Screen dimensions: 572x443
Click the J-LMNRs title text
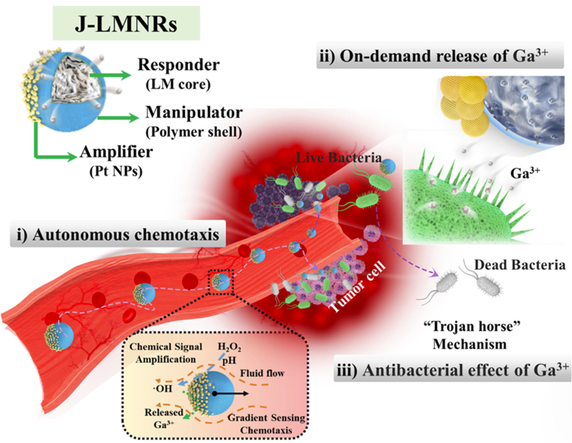[126, 24]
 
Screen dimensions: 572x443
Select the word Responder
[179, 65]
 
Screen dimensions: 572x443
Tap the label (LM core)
[178, 85]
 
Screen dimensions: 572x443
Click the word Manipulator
[194, 112]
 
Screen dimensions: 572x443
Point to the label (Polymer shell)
[194, 131]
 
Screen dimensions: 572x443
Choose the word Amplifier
[117, 152]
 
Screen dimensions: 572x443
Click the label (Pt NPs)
[116, 171]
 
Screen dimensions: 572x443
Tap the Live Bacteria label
[339, 158]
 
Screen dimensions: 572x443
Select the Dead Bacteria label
[520, 265]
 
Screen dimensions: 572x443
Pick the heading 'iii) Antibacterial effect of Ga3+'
[452, 370]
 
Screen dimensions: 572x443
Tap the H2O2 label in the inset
[229, 347]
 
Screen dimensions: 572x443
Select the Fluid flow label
[262, 373]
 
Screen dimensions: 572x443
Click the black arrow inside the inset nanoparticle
[230, 394]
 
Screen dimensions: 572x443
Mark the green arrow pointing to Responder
[110, 75]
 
